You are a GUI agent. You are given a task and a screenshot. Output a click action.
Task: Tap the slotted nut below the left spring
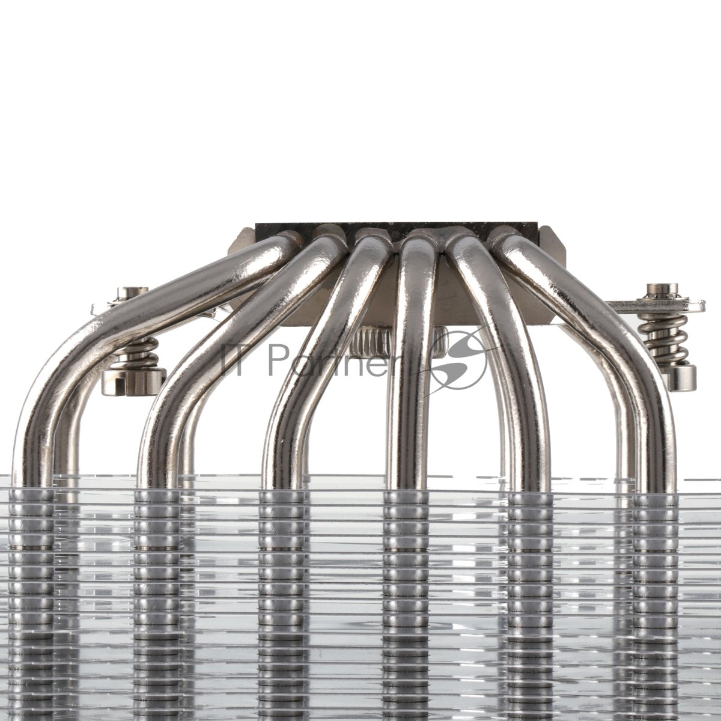point(133,382)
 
